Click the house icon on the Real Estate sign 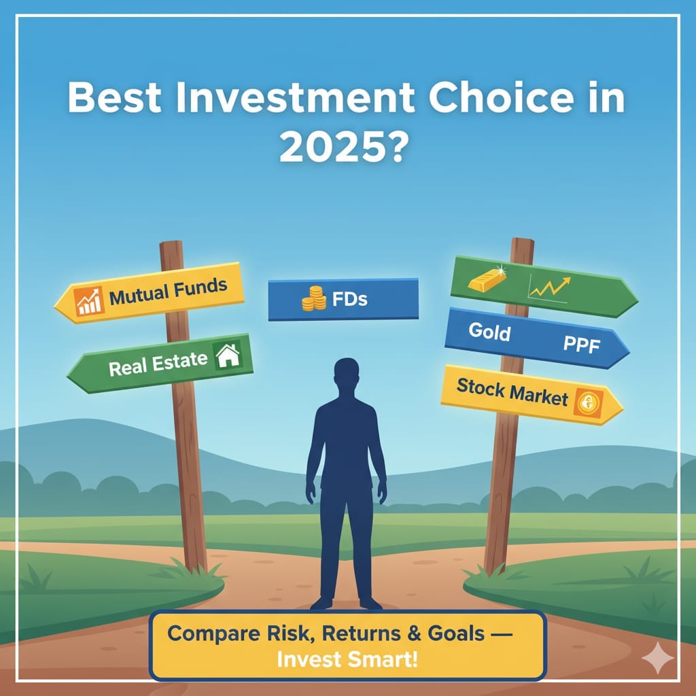pos(228,355)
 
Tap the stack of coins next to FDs pos(314,299)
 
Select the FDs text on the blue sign pos(350,300)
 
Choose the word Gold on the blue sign pos(489,332)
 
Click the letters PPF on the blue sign pos(582,345)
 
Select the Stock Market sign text pos(512,391)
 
